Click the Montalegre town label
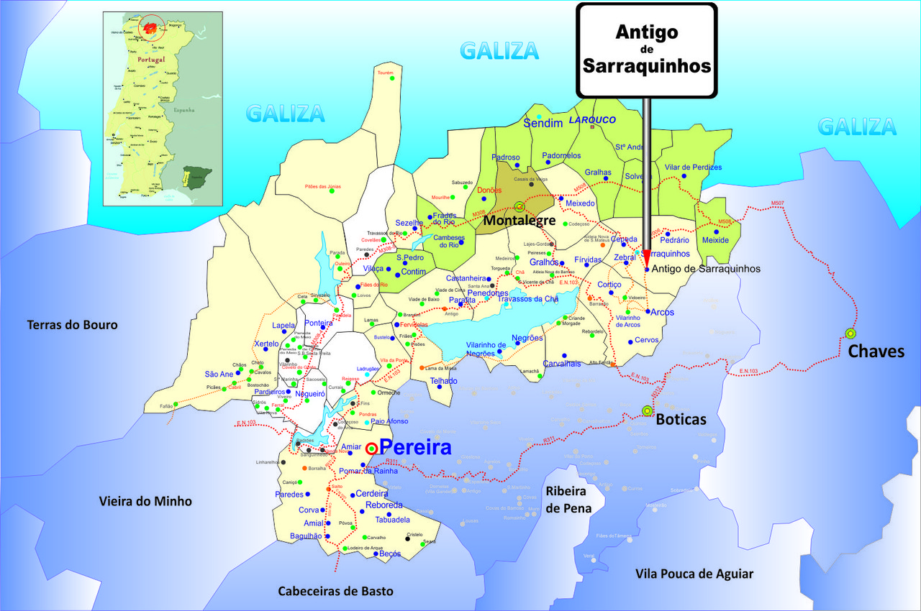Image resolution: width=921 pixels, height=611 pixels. (519, 221)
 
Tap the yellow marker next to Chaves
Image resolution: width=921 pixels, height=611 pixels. (850, 333)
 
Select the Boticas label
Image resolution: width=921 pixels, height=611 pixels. (681, 419)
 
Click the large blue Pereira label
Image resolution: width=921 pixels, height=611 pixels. (415, 448)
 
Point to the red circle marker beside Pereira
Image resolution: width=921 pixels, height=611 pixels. (371, 449)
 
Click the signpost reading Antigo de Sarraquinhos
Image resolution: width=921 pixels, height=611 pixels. (647, 50)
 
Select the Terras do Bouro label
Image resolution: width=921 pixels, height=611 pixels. (72, 325)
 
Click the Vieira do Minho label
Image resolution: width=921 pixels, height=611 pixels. (145, 501)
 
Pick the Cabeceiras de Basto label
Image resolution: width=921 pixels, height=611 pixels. (336, 591)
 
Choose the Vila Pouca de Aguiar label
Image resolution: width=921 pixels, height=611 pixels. (694, 573)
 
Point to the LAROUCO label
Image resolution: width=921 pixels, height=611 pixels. (593, 120)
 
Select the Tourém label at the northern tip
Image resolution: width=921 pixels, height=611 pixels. (386, 73)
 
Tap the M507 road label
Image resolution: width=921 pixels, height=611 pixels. (778, 204)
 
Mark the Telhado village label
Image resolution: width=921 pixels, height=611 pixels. (444, 380)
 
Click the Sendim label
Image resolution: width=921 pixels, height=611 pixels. (543, 124)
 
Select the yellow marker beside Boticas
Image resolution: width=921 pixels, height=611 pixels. (647, 410)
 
